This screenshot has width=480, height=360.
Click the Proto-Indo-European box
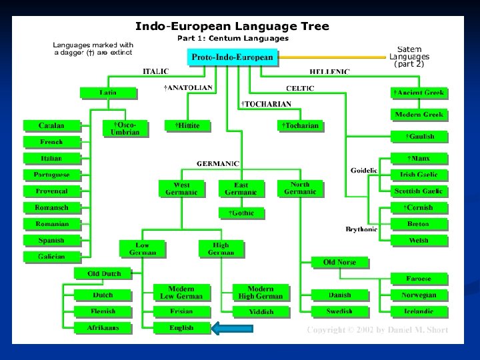click(x=232, y=57)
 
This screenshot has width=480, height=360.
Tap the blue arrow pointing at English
click(x=232, y=327)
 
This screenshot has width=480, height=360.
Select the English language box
click(x=181, y=327)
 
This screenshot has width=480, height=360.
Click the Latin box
click(x=108, y=93)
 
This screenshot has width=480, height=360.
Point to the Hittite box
click(x=187, y=125)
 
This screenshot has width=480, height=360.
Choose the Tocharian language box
click(x=300, y=125)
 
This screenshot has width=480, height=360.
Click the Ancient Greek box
click(x=418, y=93)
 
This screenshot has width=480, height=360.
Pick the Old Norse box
click(x=339, y=262)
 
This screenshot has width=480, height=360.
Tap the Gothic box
click(x=241, y=213)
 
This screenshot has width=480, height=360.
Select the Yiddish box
click(x=261, y=311)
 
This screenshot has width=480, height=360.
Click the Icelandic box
click(x=418, y=311)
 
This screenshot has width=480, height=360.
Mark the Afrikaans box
click(x=103, y=327)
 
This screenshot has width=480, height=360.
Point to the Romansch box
click(x=51, y=207)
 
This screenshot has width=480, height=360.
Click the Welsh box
click(x=418, y=240)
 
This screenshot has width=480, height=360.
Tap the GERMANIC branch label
click(x=217, y=163)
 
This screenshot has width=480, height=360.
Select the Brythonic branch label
click(x=361, y=229)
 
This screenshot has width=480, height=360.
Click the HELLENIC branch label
click(x=329, y=71)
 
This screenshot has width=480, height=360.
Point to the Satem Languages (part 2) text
click(x=409, y=57)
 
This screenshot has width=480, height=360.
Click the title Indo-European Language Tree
click(x=232, y=27)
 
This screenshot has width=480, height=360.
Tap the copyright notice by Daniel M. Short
click(x=377, y=329)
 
